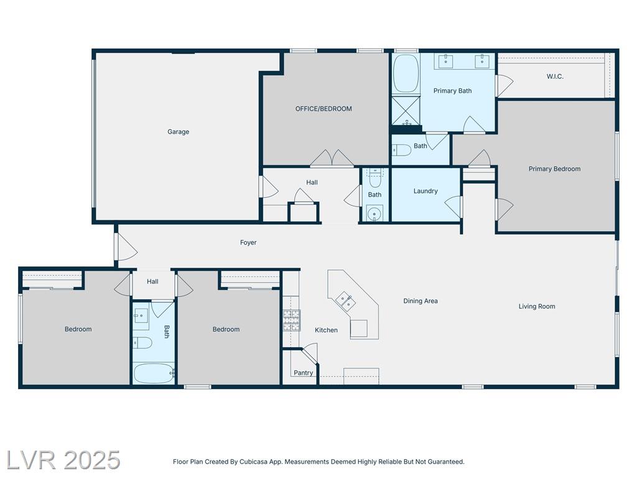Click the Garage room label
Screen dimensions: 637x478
[179, 132]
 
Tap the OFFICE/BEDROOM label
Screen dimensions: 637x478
[323, 108]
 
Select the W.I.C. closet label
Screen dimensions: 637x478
[555, 77]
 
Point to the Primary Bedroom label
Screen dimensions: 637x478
[554, 169]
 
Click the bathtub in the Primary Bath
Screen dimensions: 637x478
[406, 73]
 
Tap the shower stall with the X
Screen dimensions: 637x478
[406, 111]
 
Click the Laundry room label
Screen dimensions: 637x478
[425, 191]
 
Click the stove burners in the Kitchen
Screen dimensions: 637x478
[291, 321]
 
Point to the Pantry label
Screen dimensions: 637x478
[304, 373]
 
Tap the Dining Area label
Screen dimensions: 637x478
[421, 301]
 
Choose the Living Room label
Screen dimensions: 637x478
[537, 306]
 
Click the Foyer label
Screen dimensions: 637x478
[248, 243]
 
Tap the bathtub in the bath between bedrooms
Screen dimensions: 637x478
[154, 373]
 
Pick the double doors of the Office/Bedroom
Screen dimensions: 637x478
[332, 158]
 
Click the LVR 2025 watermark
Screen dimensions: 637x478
[63, 460]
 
